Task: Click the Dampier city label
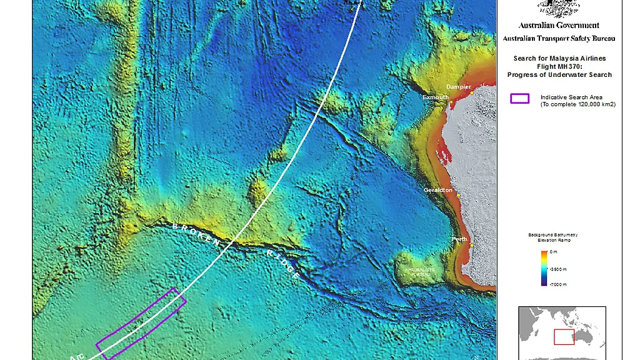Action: pos(458,87)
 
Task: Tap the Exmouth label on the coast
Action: pos(435,97)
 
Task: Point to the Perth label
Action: pos(459,239)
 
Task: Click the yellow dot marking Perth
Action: pos(471,245)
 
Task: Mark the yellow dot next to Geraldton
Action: pos(458,195)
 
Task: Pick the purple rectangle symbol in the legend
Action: pos(519,98)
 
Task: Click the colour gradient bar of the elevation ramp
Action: pos(544,268)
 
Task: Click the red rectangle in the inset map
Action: pos(564,337)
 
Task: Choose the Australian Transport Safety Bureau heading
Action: pos(559,38)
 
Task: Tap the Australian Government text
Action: pos(559,26)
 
